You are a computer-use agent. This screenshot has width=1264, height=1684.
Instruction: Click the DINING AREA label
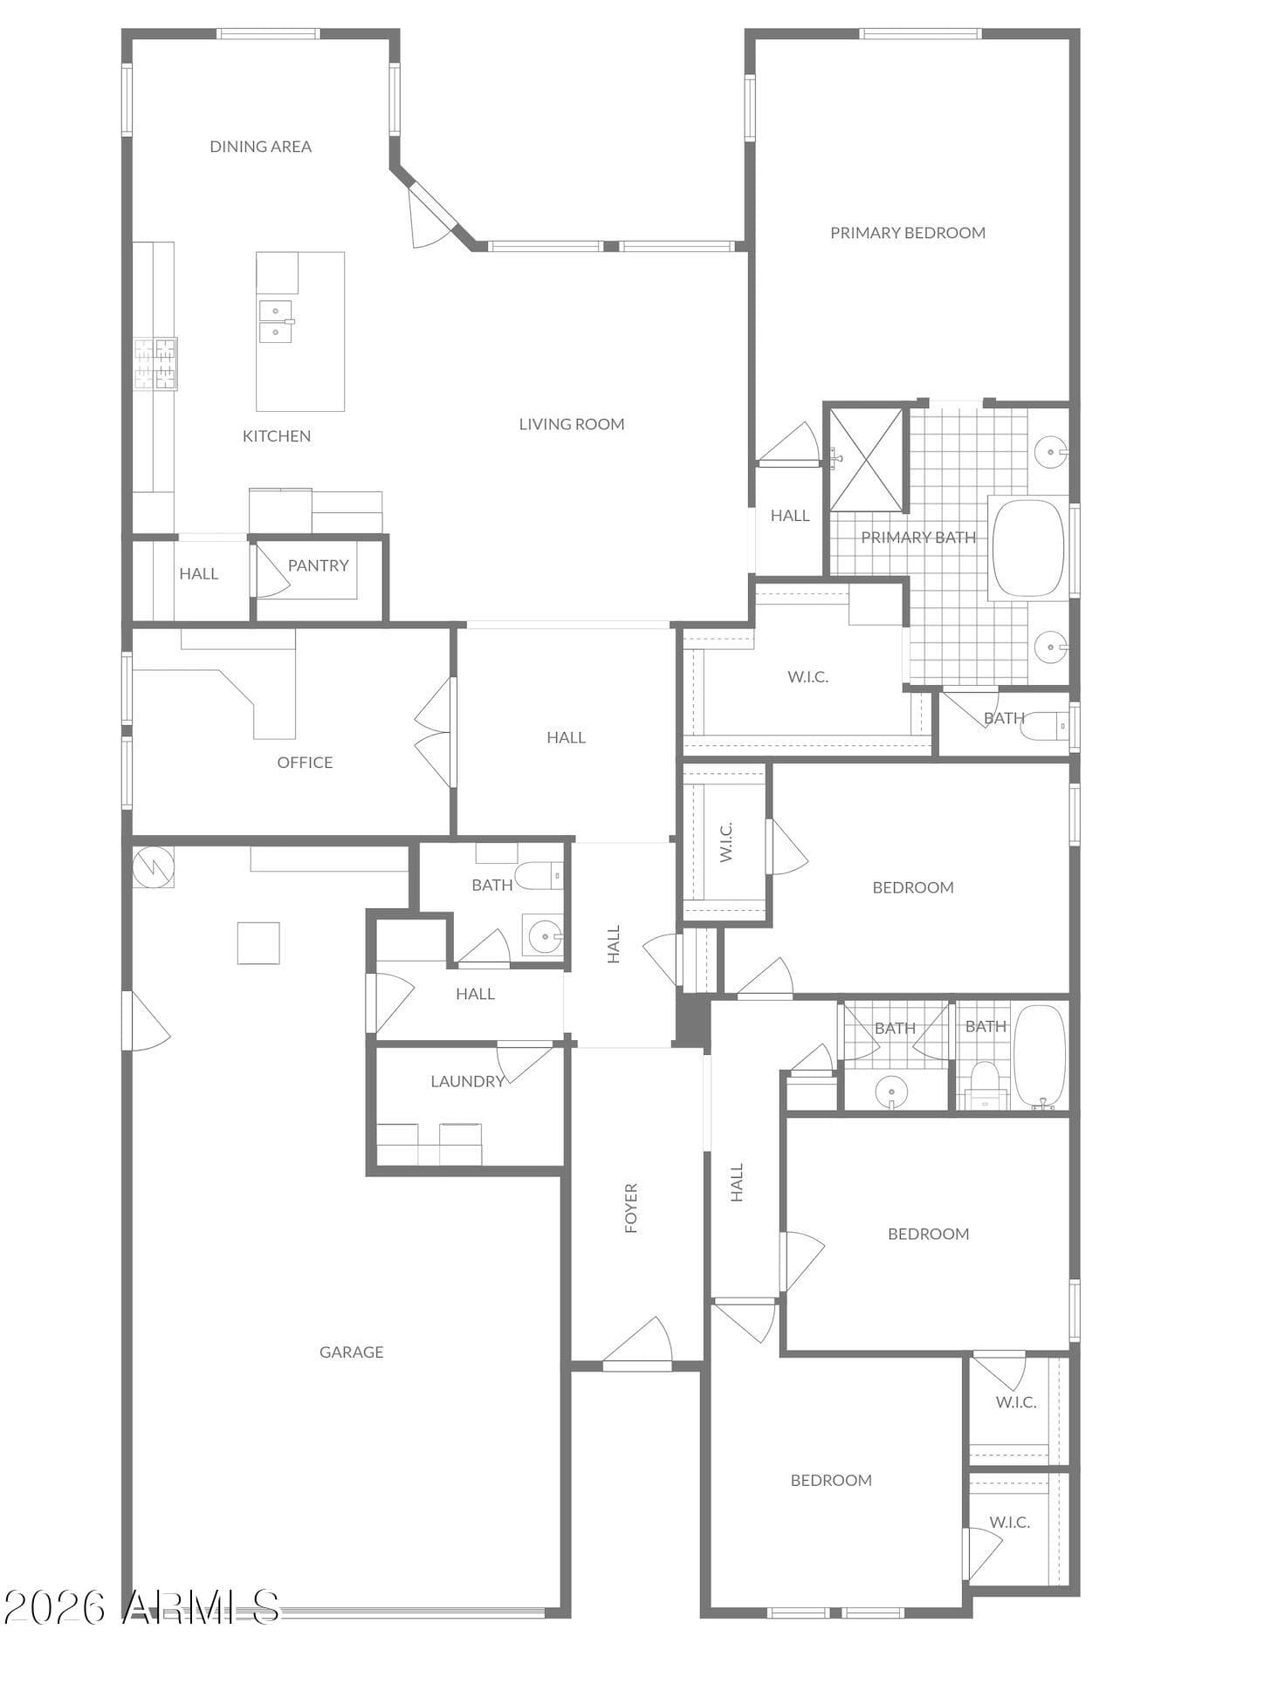point(260,147)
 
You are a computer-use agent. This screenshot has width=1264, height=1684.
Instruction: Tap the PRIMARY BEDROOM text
point(908,233)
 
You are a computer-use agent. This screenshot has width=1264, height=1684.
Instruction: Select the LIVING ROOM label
point(572,424)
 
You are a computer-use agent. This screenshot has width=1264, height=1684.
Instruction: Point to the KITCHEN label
point(277,436)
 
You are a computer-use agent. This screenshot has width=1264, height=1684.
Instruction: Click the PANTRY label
point(319,565)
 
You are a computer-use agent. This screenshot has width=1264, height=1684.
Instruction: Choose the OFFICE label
point(305,763)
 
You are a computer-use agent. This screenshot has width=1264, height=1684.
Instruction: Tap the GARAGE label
point(351,1352)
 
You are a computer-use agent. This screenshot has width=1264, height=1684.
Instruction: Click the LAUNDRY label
point(468,1082)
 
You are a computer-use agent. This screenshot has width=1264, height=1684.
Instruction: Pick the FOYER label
point(631,1208)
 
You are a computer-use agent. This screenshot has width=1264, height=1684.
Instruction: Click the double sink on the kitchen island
point(276,322)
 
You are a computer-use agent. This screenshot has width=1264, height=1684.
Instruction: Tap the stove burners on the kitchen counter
point(155,364)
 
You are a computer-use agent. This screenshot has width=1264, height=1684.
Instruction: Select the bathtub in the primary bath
point(1029,548)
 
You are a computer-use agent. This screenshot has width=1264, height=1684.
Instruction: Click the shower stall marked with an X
point(866,460)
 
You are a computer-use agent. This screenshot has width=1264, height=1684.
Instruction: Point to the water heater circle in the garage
point(154,867)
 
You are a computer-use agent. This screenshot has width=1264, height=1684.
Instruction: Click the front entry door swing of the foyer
point(638,1341)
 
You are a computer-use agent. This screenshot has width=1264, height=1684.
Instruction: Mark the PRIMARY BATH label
point(918,537)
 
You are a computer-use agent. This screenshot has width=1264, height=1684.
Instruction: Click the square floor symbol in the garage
point(258,943)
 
